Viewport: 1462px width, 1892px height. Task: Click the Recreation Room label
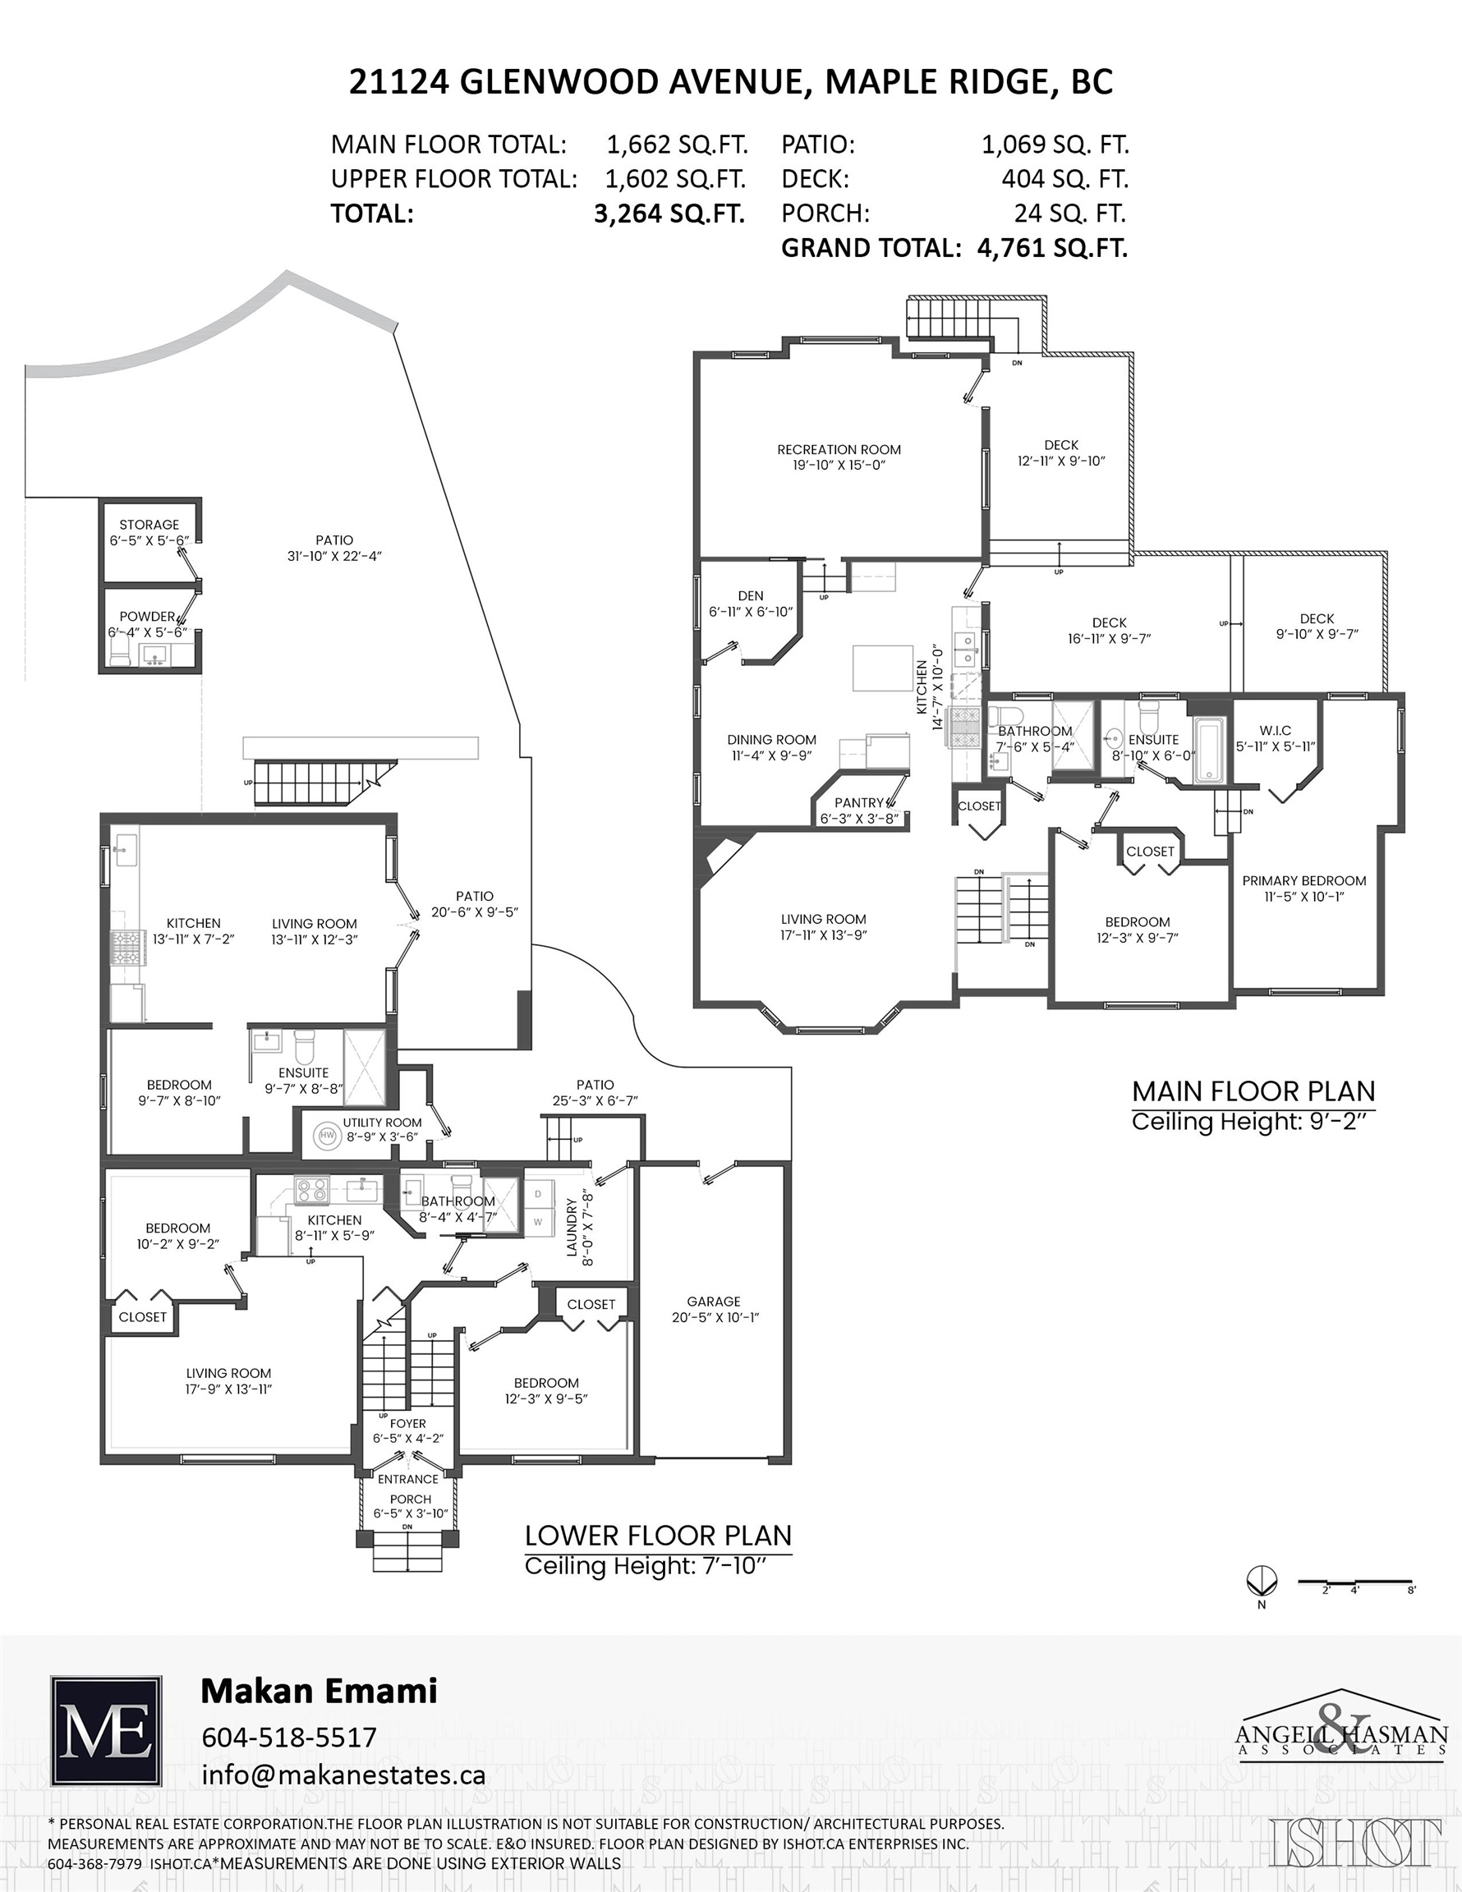[839, 450]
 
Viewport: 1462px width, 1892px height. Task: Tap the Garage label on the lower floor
[713, 1302]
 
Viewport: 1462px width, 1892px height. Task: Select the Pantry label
[859, 803]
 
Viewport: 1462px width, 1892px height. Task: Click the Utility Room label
[382, 1123]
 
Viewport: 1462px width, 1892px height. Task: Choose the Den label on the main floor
[751, 596]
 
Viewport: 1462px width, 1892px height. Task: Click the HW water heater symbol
[328, 1135]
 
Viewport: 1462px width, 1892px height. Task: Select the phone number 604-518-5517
[289, 1737]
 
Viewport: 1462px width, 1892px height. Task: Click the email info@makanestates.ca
[343, 1775]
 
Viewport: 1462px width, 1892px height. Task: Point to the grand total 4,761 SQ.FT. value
[1053, 249]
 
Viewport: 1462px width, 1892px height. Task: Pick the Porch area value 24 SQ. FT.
[1070, 214]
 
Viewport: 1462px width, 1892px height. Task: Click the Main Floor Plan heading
[1254, 1091]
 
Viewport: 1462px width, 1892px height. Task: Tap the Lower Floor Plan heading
[659, 1536]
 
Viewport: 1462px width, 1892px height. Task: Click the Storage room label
[149, 525]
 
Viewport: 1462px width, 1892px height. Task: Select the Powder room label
[147, 617]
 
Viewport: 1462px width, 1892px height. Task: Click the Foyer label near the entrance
[407, 1423]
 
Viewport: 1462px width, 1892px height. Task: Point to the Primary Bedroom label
[1304, 881]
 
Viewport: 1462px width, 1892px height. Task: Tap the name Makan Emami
[319, 1690]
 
